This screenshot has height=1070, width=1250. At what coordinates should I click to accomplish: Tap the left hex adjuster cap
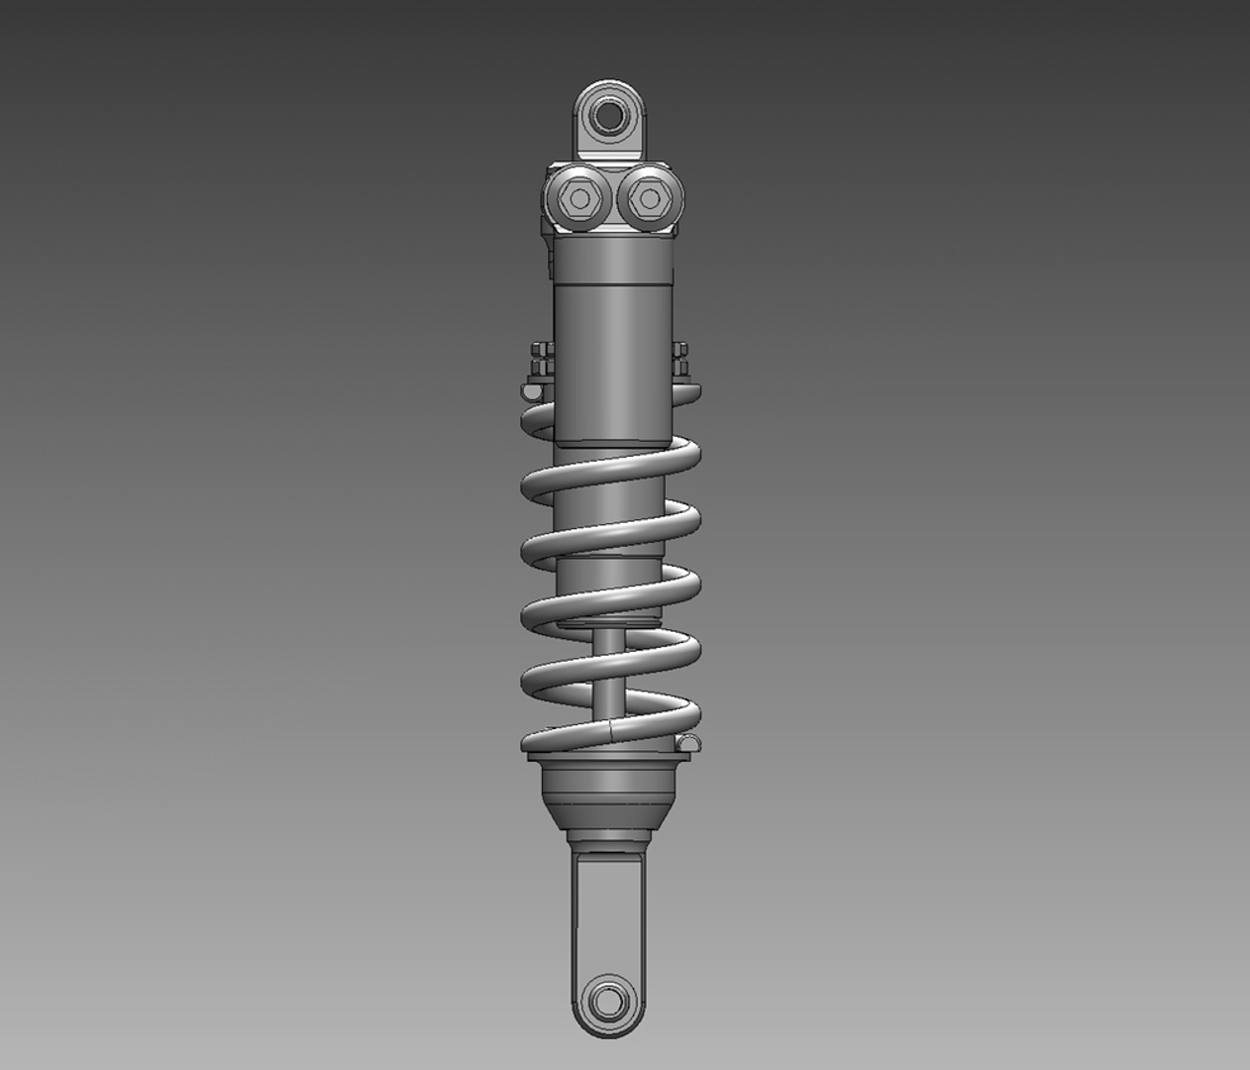pyautogui.click(x=578, y=199)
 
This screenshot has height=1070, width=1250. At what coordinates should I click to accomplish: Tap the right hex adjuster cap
pyautogui.click(x=647, y=199)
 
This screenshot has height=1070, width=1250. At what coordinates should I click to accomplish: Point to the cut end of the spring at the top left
pyautogui.click(x=533, y=392)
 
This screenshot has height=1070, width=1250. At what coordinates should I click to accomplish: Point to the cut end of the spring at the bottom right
pyautogui.click(x=688, y=742)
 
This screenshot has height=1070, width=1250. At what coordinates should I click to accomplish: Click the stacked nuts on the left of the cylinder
pyautogui.click(x=540, y=363)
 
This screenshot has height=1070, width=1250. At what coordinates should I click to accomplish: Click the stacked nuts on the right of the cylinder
pyautogui.click(x=681, y=361)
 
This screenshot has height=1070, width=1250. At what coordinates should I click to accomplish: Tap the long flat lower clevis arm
pyautogui.click(x=611, y=911)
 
